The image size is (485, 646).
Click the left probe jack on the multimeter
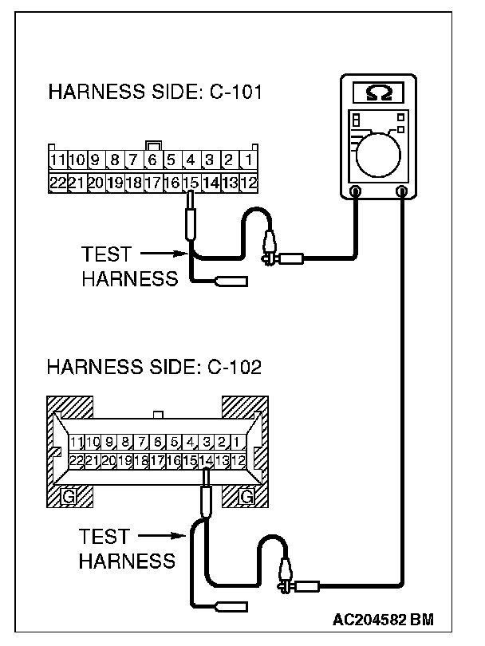coord(355,191)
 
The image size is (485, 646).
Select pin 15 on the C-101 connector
coord(191,183)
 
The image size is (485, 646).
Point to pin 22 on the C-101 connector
coord(57,183)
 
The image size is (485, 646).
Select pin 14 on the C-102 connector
coord(207,460)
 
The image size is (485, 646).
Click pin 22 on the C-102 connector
coord(77,460)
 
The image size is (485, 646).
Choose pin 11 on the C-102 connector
coord(77,441)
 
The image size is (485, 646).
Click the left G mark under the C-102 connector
coord(69,498)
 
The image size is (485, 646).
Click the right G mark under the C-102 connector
coord(247,498)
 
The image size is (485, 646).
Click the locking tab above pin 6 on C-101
coord(152,146)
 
